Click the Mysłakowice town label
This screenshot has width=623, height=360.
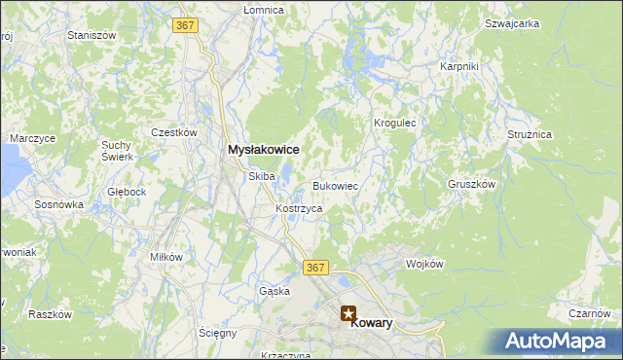pos(263,150)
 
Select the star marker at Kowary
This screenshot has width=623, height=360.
pos(348,313)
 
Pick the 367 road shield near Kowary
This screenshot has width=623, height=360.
pos(313,267)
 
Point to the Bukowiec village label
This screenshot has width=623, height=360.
pos(336,185)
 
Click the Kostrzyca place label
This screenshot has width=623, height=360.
pos(299,209)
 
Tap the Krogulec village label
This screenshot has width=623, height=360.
pos(395,124)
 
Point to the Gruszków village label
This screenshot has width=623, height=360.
pos(472,183)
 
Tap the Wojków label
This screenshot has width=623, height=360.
pos(424,264)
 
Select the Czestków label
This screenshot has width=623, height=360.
pos(175,132)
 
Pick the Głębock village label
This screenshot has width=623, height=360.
pos(127,192)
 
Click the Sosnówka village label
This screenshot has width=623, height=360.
pos(59,205)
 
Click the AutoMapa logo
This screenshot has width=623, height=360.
pos(558,342)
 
